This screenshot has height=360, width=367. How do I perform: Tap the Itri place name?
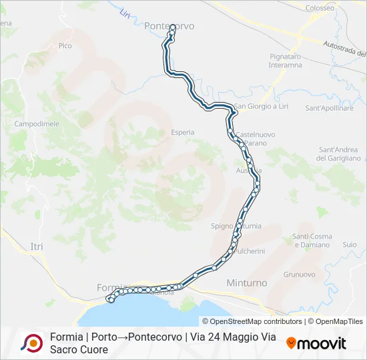[x=37, y=247]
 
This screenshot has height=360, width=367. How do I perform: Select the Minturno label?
[x=247, y=283]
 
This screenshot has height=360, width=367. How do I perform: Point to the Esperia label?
[x=183, y=132]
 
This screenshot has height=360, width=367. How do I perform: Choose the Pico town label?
[x=65, y=45]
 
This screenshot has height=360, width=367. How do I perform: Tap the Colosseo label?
[x=320, y=8]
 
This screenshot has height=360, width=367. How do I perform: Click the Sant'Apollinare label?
[x=329, y=107]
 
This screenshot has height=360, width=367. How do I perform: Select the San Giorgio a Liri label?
[x=260, y=107]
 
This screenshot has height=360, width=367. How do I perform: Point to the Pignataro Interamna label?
[x=286, y=61]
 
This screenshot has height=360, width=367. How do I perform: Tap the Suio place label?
[x=350, y=245]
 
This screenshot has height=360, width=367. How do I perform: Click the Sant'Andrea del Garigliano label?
[x=339, y=153]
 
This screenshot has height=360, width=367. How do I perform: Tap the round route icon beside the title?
[x=31, y=343]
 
